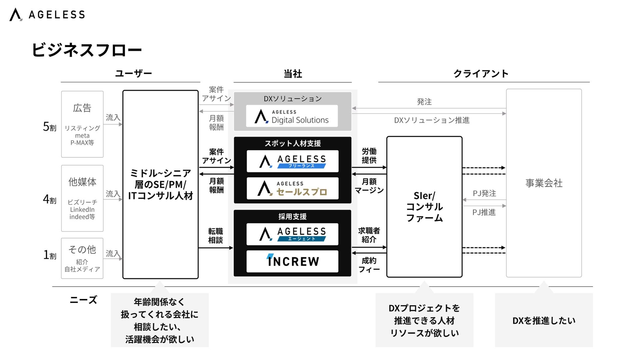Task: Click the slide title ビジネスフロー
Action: click(87, 50)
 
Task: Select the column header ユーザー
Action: click(133, 73)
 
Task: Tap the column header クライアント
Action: click(481, 73)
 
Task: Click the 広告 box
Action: click(82, 124)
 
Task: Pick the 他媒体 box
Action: click(82, 198)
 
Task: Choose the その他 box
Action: click(82, 258)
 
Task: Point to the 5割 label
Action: click(50, 127)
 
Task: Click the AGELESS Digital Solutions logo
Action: click(292, 116)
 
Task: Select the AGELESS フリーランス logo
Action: click(292, 161)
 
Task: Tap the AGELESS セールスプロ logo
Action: click(292, 189)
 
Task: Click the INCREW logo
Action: click(292, 261)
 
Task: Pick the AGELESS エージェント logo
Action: click(292, 234)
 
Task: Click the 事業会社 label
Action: click(544, 183)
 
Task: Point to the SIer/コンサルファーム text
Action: click(424, 207)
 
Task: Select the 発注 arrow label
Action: click(424, 102)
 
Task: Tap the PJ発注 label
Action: click(484, 193)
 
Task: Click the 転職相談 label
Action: click(215, 236)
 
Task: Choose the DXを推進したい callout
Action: click(544, 320)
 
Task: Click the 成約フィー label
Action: click(369, 265)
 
